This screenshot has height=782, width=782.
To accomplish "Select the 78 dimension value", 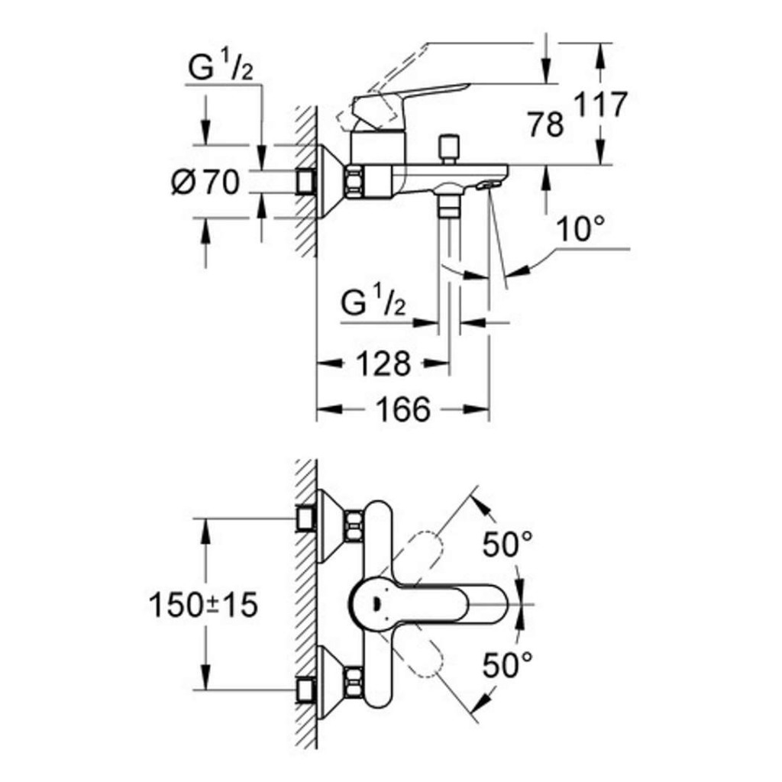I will [546, 124].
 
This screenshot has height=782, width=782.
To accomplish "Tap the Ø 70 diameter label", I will [205, 183].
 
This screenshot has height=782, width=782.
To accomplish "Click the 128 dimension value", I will [382, 364].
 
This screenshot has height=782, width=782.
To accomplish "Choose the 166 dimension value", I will [402, 410].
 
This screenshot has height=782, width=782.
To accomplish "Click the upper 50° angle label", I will [508, 544].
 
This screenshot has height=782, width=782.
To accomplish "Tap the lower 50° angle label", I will [508, 666].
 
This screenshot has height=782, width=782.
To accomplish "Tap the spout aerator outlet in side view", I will [485, 185].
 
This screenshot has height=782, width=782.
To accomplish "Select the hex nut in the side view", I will [356, 182].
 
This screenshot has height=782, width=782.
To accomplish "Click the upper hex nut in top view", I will [353, 524].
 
